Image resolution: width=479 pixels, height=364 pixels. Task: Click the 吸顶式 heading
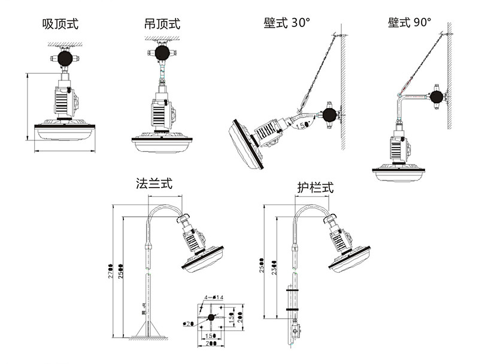(x=60, y=25)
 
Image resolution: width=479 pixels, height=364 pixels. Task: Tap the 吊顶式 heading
(x=162, y=25)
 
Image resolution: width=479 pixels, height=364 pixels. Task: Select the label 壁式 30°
(x=287, y=23)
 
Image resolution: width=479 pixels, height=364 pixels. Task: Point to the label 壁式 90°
(x=410, y=23)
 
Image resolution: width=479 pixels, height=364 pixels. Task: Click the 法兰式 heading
(x=154, y=183)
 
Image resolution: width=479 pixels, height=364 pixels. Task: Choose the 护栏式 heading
(x=315, y=187)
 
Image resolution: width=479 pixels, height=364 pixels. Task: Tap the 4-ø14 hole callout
(x=213, y=297)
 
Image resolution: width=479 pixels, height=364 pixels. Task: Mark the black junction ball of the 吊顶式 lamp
(x=162, y=53)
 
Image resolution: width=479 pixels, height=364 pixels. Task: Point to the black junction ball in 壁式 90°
(x=436, y=96)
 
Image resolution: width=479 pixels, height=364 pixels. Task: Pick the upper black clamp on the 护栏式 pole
(x=293, y=291)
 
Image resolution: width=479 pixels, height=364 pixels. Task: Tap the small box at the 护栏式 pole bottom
(x=295, y=330)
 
